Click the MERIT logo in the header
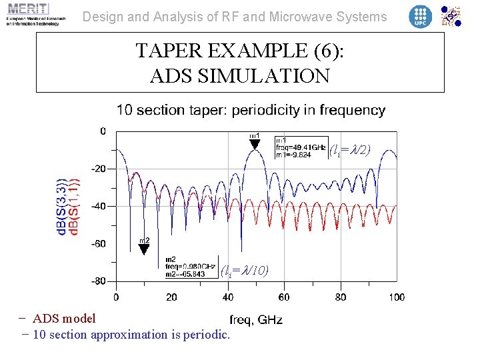tap(33, 14)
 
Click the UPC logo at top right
tap(420, 16)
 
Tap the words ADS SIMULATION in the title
tap(240, 76)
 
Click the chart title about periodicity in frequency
tap(251, 110)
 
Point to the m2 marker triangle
tap(143, 249)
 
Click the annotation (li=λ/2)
tap(350, 150)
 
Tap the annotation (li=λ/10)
tap(245, 270)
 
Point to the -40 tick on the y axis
tap(98, 206)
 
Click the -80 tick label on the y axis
tap(98, 281)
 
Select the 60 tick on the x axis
tap(284, 297)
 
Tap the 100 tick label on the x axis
tap(396, 297)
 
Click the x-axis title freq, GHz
tap(256, 320)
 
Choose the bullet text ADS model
tap(64, 319)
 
